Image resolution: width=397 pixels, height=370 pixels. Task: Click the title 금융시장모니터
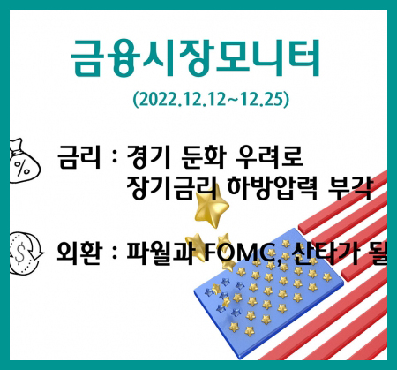195,57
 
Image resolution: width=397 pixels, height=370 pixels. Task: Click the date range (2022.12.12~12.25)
211,99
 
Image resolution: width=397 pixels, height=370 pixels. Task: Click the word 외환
79,253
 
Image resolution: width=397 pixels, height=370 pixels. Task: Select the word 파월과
160,253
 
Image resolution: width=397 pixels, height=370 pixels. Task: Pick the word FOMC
240,253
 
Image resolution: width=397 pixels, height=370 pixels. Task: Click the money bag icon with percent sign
24,162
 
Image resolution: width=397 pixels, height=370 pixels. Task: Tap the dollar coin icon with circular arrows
25,253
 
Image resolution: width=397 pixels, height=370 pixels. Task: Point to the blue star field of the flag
268,293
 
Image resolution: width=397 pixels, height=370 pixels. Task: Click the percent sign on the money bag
22,168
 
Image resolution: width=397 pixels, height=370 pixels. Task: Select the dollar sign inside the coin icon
19,253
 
